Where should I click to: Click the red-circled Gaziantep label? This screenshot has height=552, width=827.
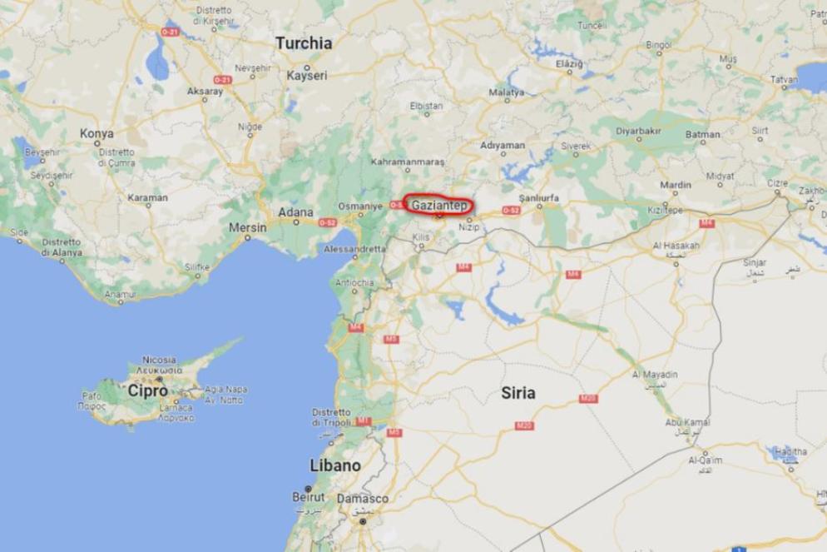[x=438, y=205]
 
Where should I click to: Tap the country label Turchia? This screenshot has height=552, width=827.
[x=304, y=43]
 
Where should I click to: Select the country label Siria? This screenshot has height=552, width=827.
[x=517, y=393]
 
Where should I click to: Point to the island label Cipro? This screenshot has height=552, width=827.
[x=147, y=390]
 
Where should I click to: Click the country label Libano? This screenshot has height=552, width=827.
[x=335, y=465]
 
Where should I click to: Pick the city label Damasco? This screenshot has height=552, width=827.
[x=362, y=499]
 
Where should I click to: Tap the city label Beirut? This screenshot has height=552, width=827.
[x=308, y=496]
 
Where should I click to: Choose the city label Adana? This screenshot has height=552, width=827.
[x=295, y=212]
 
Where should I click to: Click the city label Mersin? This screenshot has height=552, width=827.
[x=247, y=227]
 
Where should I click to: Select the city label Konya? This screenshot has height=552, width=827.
[x=97, y=133]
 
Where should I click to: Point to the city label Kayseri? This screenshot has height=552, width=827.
[x=307, y=76]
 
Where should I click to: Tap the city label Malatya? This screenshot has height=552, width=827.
[x=507, y=92]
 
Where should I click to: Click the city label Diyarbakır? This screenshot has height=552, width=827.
[x=638, y=131]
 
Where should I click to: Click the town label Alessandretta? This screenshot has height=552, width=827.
[x=351, y=249]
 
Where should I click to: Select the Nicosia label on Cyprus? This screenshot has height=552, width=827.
[x=159, y=360]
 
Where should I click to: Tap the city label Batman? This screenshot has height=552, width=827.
[x=703, y=134]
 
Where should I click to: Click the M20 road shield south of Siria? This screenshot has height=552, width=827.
[x=524, y=425]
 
